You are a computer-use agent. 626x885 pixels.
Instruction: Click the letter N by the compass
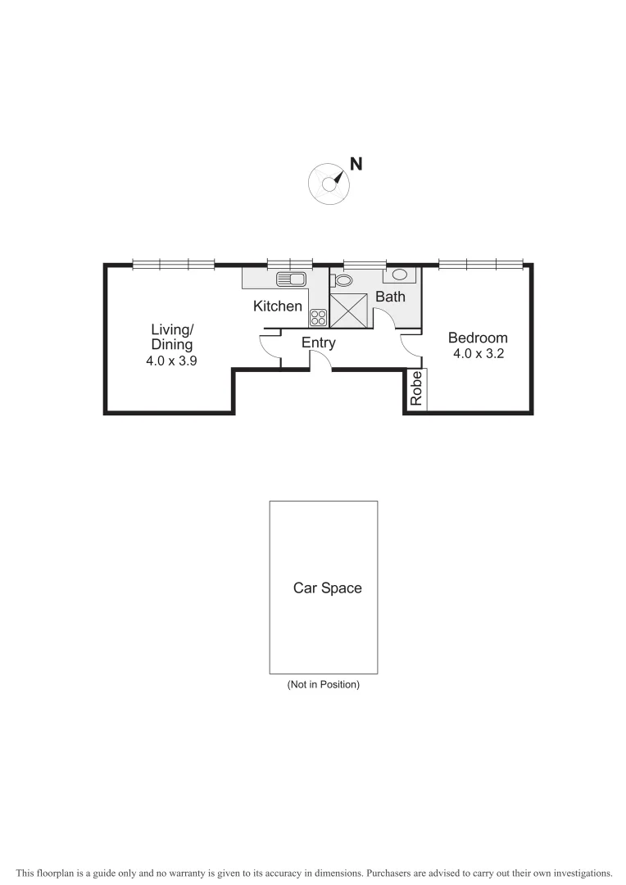click(x=356, y=163)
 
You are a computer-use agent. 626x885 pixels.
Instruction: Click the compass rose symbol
click(x=329, y=184)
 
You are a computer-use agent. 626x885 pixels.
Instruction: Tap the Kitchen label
click(x=277, y=306)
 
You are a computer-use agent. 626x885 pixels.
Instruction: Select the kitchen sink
click(x=291, y=279)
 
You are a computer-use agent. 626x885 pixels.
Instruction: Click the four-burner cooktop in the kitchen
click(x=318, y=317)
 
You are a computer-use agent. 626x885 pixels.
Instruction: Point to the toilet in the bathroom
click(x=342, y=280)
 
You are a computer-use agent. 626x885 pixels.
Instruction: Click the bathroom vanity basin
click(x=401, y=275)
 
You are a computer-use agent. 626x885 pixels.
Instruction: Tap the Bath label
click(x=390, y=297)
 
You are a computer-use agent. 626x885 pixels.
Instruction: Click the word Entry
click(x=318, y=343)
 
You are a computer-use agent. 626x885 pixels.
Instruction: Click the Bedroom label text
click(x=477, y=338)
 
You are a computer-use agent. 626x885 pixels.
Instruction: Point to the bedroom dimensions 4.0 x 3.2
click(x=477, y=354)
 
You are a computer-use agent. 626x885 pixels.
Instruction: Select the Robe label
click(x=416, y=388)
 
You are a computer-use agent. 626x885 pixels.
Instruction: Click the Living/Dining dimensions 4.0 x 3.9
click(x=171, y=360)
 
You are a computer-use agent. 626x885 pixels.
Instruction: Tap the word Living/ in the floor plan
click(x=172, y=330)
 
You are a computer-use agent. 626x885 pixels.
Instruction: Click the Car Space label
click(x=327, y=588)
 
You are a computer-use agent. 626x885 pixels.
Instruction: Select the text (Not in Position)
click(x=323, y=684)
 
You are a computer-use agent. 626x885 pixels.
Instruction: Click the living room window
click(x=174, y=264)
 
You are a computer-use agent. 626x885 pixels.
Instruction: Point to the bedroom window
click(x=480, y=264)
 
